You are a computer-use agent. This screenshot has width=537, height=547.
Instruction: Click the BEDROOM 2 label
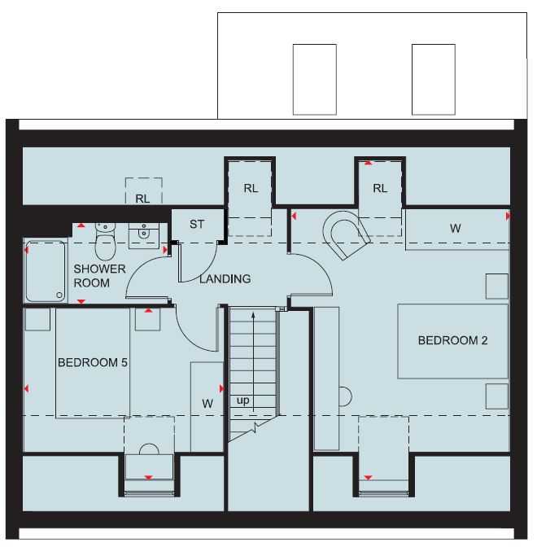[452, 340]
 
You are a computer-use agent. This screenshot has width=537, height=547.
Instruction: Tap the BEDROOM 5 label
[93, 362]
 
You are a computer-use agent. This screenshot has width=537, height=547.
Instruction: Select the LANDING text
[225, 278]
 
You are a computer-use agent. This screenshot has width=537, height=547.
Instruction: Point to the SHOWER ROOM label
[99, 276]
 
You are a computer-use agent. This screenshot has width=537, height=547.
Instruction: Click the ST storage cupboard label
[197, 224]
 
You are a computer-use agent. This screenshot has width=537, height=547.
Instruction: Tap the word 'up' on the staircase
[242, 400]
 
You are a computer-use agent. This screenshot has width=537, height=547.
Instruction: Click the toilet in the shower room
[105, 242]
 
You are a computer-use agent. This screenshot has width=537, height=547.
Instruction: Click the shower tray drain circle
[59, 295]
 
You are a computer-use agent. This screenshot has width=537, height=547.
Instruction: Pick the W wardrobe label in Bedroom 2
[455, 229]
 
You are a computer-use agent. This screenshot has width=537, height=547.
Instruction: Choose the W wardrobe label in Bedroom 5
[207, 404]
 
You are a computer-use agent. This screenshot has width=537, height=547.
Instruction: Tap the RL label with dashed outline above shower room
[142, 199]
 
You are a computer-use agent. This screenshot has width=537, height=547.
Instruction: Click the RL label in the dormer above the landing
[251, 188]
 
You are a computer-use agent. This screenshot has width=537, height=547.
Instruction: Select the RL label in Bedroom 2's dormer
[380, 188]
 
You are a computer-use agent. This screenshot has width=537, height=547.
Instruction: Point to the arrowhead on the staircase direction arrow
[253, 316]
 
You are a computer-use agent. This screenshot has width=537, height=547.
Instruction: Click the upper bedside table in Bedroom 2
[497, 287]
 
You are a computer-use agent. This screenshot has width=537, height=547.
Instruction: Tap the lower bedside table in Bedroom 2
[497, 396]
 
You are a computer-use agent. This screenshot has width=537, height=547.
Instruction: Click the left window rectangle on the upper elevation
[315, 80]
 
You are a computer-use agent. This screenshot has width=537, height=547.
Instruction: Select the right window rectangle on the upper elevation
[434, 80]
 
